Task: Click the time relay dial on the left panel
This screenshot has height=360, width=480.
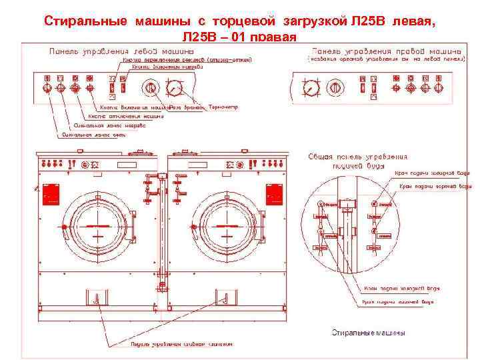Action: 151,87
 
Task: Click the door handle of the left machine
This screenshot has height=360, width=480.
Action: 65,228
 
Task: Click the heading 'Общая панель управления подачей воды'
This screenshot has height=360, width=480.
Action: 357,161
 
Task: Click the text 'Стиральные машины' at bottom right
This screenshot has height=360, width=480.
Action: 369,333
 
